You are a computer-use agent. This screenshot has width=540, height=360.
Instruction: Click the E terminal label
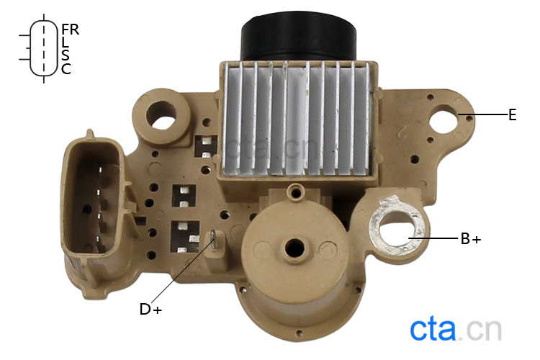513,114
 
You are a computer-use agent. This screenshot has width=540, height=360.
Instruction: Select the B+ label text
471,239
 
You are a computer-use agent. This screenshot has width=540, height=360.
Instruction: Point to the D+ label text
150,309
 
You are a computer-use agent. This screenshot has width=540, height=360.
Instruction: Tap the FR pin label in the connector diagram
71,30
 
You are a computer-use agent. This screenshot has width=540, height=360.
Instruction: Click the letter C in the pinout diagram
66,69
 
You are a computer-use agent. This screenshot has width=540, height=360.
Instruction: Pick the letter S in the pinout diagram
66,55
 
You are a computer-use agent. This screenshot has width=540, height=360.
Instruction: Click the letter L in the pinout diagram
65,42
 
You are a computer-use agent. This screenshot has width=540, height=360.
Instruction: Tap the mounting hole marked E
445,120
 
